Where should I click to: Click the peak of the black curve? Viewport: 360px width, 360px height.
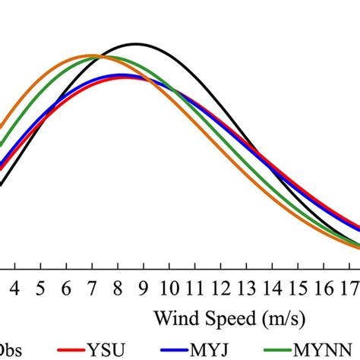[x=136, y=44]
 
